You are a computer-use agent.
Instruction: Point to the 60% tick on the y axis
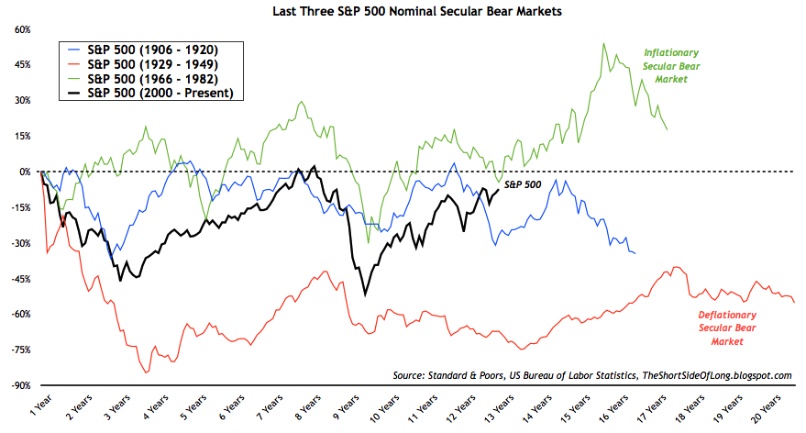(20, 29)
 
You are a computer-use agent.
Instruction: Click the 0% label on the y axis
(24, 172)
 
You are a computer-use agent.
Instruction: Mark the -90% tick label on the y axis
(19, 385)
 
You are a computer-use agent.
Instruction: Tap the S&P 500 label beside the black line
(524, 184)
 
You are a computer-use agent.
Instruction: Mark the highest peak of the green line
(603, 43)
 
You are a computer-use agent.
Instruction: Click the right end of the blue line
(635, 253)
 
